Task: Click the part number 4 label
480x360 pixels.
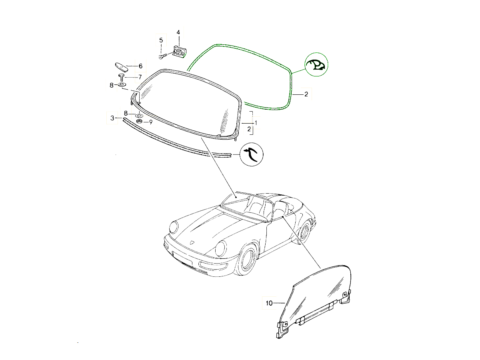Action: pos(178,32)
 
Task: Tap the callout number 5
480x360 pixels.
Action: pos(161,40)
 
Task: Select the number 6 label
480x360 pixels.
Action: pos(140,66)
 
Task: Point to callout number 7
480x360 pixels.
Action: pos(140,77)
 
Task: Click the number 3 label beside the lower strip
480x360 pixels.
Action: pos(112,118)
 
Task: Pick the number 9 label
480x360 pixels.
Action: pos(151,122)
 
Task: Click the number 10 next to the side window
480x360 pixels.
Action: pos(269,303)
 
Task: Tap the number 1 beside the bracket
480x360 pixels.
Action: pos(256,123)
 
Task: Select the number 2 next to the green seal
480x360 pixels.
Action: pos(306,94)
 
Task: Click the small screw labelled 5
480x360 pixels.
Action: pos(162,56)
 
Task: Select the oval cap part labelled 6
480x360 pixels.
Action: pos(121,67)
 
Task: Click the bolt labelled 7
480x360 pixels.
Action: pos(121,77)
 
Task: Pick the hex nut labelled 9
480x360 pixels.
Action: pos(139,121)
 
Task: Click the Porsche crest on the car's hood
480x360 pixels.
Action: pos(192,243)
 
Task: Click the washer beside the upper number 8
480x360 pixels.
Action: pos(121,84)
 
